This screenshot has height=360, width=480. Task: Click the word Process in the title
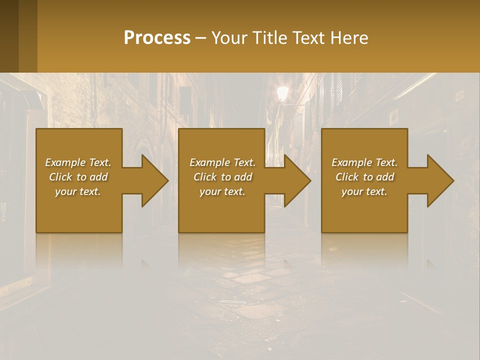[x=157, y=38]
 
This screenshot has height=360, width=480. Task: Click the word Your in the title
[x=228, y=38]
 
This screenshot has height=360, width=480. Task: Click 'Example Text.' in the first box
[x=78, y=162]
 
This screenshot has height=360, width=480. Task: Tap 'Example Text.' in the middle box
[x=222, y=162]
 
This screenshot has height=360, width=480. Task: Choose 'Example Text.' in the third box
[x=364, y=162]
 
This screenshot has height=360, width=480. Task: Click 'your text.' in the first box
[x=78, y=191]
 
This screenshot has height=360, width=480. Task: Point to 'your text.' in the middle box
[x=222, y=191]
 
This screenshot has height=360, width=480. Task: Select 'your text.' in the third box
[x=364, y=191]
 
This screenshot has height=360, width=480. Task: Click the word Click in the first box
[x=61, y=177]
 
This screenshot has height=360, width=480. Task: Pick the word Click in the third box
[x=347, y=177]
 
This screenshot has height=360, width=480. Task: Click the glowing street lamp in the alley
[x=283, y=93]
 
